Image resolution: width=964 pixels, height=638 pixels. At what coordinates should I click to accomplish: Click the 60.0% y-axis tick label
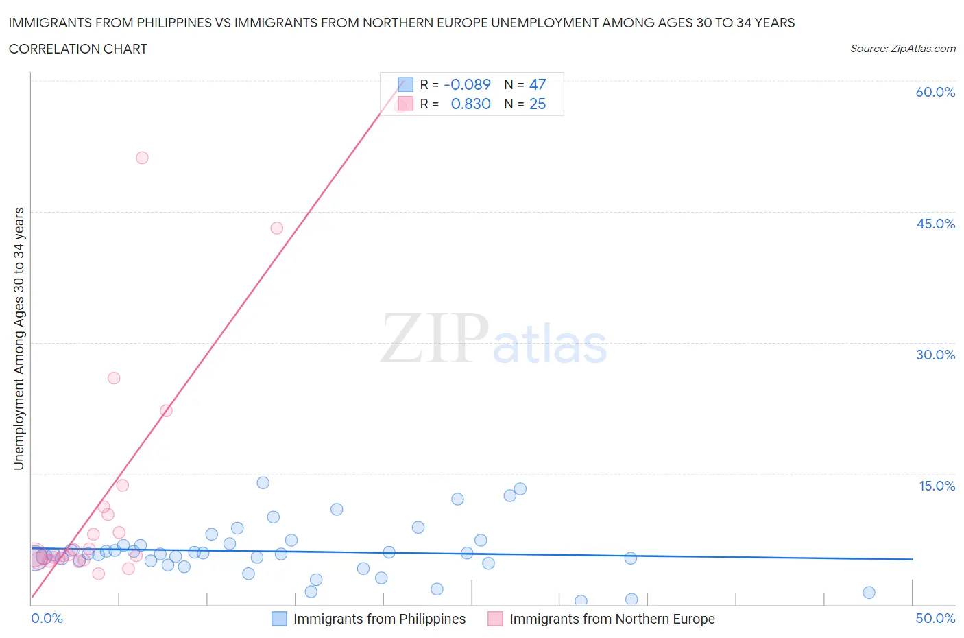935,92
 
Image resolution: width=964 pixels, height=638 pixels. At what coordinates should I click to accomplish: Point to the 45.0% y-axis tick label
935,224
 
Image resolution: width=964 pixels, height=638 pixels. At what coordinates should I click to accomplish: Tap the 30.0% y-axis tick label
935,355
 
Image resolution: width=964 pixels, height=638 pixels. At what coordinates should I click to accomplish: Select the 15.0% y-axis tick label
935,486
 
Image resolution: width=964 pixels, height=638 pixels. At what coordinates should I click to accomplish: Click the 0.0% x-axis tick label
47,618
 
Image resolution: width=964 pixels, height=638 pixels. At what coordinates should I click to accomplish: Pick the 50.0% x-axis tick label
935,618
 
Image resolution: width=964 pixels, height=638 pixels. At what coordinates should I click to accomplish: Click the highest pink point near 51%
142,158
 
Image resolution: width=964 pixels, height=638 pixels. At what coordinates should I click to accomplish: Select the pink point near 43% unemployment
276,228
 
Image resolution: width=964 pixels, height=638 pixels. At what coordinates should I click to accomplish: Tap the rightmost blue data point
869,593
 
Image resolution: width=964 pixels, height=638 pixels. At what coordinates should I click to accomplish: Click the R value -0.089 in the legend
468,84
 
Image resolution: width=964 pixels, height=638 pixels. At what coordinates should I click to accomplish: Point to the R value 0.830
471,104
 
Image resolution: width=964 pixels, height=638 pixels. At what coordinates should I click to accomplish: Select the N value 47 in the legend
538,84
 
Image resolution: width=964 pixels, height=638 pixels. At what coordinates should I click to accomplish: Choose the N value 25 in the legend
538,104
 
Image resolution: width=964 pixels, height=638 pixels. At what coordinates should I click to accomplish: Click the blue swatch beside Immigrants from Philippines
279,619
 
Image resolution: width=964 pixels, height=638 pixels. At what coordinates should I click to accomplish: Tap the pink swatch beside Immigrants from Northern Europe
495,619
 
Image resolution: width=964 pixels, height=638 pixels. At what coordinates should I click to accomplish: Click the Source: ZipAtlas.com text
902,48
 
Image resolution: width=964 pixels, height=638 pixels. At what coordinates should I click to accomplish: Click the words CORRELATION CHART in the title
78,49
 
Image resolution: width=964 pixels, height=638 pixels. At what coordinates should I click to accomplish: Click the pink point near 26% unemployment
114,378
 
